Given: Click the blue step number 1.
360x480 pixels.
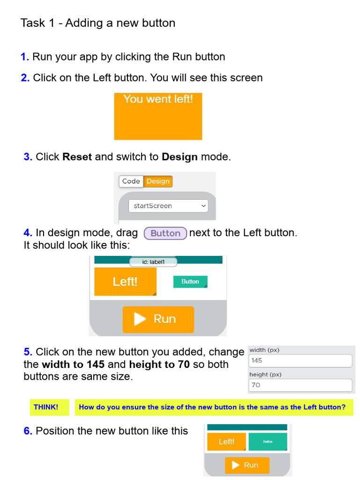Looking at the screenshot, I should pos(24,57).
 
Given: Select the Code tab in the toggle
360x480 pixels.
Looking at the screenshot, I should pos(131,181).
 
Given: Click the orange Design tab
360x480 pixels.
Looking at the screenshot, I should pos(158,181).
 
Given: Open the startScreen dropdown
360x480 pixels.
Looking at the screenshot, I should pos(168,206).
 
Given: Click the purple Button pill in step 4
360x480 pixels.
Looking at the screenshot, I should pos(165,233).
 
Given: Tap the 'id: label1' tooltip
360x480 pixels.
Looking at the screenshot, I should pos(153,262).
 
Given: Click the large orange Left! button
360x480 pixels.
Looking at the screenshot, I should pos(125,282).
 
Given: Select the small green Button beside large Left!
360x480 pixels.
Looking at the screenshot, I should pos(190,282).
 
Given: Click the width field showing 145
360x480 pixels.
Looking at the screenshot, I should pos(300,361).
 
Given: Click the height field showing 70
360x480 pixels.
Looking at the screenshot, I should pos(300,385).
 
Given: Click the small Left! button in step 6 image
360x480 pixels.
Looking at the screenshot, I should pos(226,442).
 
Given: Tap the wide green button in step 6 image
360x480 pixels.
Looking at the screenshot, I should pos(268,442).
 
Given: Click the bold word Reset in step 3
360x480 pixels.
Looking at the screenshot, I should pos(77,157).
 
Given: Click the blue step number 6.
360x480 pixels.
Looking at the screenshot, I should pos(28,431).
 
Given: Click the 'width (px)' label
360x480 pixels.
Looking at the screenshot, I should pos(264,350).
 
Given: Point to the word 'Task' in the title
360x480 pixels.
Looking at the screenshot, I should pos(32,23).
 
